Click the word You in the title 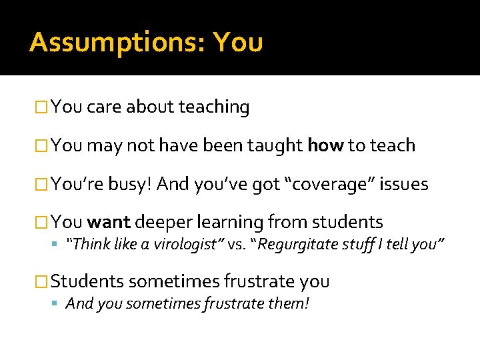(238, 43)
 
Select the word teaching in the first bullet (214, 107)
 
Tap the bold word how (325, 145)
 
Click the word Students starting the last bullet (87, 281)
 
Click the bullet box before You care (42, 107)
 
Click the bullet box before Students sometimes (42, 282)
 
